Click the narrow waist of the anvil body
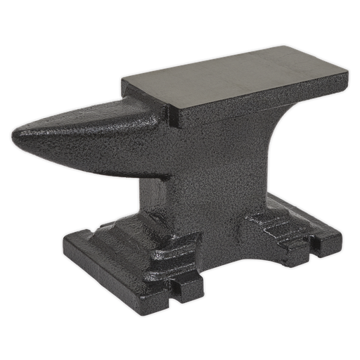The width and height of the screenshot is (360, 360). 204,176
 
